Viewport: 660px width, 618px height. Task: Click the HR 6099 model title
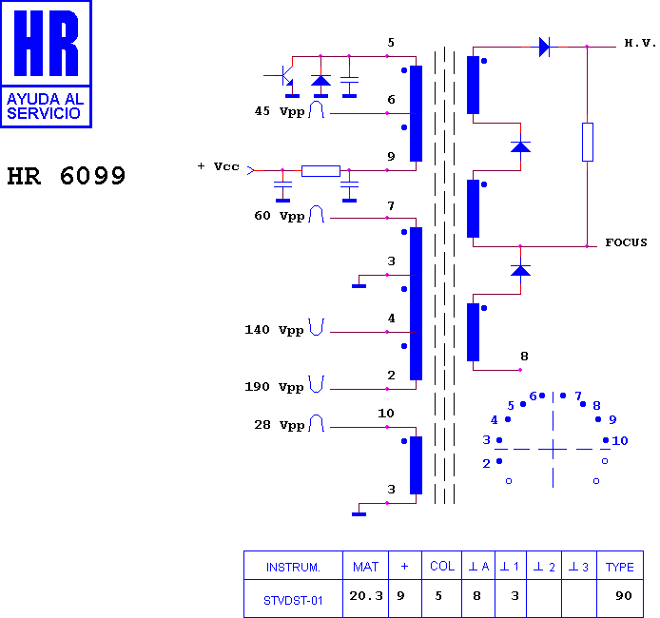(x=66, y=176)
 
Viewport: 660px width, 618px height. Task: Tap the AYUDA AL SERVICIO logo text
(x=45, y=106)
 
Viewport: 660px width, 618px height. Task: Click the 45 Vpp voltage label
(x=280, y=111)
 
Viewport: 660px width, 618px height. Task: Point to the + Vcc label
(x=219, y=166)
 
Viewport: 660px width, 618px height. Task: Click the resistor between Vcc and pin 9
(x=320, y=171)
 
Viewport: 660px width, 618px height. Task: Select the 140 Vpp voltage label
(x=274, y=330)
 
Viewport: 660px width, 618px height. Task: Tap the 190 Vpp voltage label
(x=274, y=387)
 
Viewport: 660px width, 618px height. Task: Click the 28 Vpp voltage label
(x=280, y=425)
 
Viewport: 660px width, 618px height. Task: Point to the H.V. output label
(x=640, y=43)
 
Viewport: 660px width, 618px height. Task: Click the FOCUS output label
(x=626, y=242)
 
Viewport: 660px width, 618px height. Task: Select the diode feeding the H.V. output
(x=545, y=47)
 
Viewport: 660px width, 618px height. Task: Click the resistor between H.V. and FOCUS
(x=588, y=143)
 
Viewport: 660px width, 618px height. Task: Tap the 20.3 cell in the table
(x=366, y=596)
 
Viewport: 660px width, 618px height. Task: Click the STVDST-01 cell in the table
(x=293, y=601)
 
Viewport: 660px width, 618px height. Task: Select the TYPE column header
(x=620, y=567)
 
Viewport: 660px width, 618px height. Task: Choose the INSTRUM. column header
(x=293, y=567)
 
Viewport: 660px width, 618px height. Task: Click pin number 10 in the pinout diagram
(x=620, y=440)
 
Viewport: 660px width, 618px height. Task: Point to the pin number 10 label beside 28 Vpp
(x=386, y=414)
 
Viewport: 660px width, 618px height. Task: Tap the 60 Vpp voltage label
(x=280, y=216)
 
